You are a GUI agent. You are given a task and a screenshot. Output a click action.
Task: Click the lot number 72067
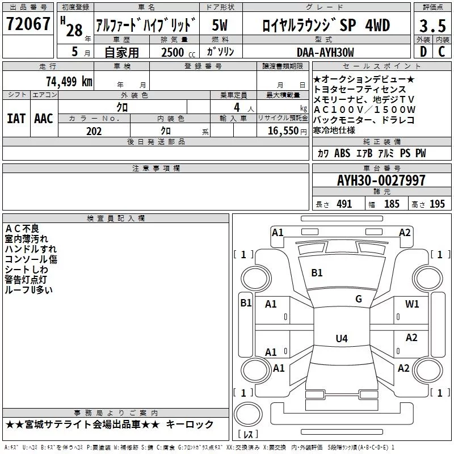pos(28,24)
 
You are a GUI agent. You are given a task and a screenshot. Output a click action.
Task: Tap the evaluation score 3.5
pos(432,26)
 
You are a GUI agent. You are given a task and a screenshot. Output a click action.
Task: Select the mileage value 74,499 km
pos(69,82)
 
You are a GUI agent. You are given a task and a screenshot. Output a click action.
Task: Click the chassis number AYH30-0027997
pos(381,180)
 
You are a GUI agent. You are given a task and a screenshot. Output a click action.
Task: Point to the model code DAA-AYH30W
pos(325,52)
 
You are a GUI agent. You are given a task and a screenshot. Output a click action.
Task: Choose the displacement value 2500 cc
pos(178,53)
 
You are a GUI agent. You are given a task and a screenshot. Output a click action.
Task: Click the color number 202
pos(94,131)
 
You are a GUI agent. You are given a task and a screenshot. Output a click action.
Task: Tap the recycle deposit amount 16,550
pos(283,131)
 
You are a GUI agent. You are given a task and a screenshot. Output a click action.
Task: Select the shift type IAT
pos(16,119)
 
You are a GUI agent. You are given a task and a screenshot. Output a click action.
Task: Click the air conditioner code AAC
pos(44,119)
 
